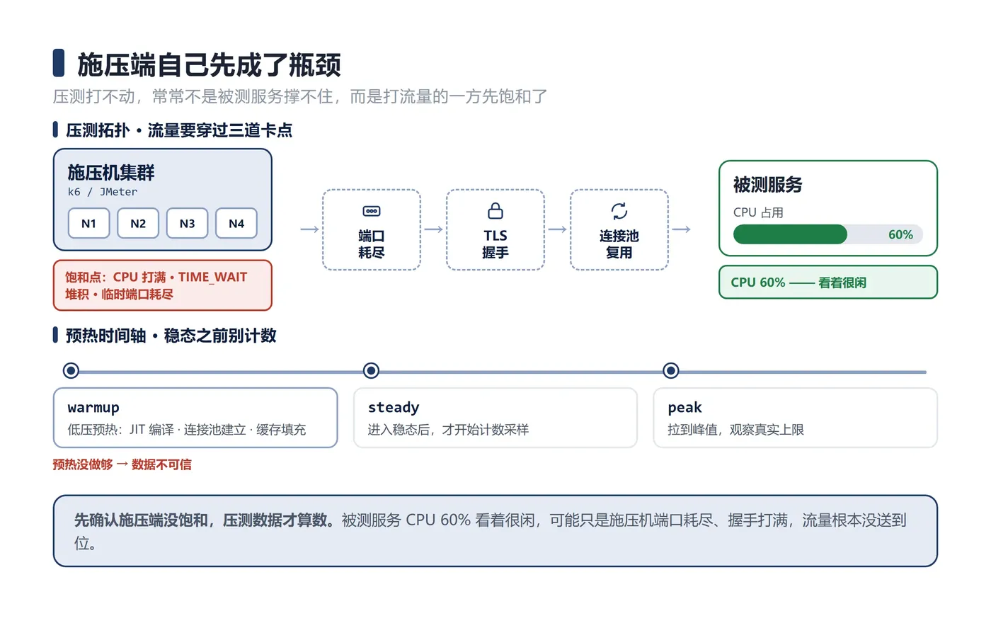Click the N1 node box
point(88,224)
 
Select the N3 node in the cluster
point(187,224)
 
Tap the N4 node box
point(236,224)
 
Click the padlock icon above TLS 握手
point(495,211)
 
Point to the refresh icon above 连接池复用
point(619,211)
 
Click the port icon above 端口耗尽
point(371,211)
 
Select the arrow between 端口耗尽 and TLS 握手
point(433,229)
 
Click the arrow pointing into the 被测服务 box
point(681,229)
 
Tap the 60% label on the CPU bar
point(900,234)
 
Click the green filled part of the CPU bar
point(790,234)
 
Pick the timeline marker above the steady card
point(371,370)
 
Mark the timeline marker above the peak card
point(671,370)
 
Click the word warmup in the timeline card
point(93,408)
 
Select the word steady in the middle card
point(394,408)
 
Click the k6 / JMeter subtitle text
point(102,192)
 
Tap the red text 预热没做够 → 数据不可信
point(122,464)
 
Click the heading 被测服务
point(767,185)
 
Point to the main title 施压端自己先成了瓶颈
point(210,64)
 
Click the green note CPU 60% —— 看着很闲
point(798,282)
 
